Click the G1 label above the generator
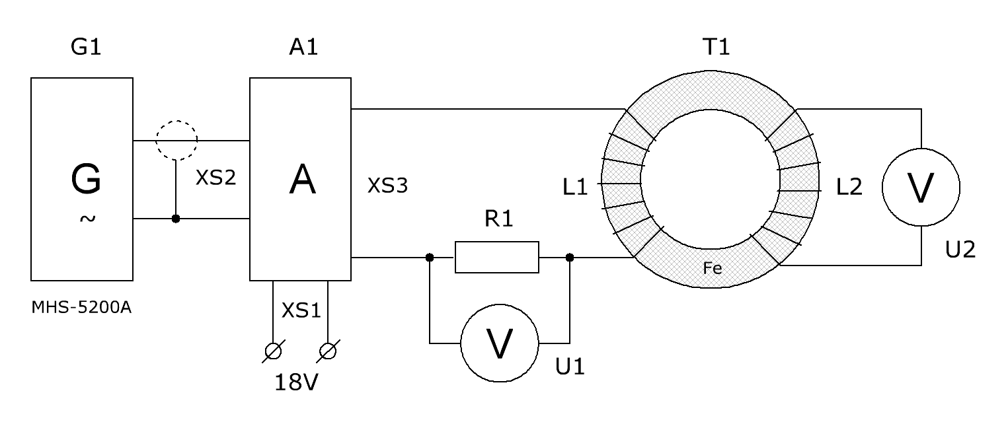[x=86, y=47]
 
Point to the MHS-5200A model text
[x=81, y=307]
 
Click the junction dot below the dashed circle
[x=176, y=219]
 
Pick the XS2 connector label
[x=215, y=178]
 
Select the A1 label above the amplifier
[x=304, y=47]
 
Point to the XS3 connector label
[x=387, y=186]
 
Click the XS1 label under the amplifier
[x=301, y=310]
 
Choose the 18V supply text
[x=296, y=382]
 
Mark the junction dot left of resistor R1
[x=430, y=258]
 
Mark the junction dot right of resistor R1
[x=570, y=258]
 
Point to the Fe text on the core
[x=713, y=269]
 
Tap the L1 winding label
[x=575, y=187]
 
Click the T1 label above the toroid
[x=716, y=47]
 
